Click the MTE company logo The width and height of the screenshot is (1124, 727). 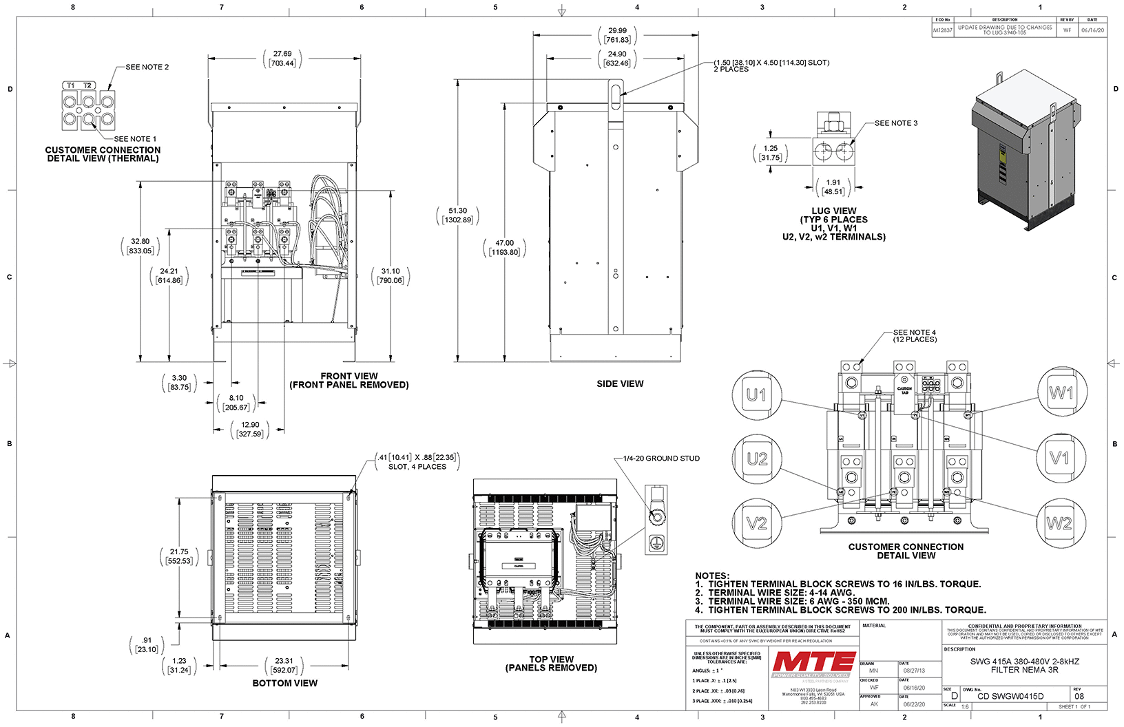click(x=813, y=662)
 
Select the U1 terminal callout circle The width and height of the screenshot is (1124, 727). click(x=756, y=395)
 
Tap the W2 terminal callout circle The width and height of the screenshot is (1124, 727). click(x=1059, y=524)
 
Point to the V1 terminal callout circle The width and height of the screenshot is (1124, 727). click(x=1059, y=458)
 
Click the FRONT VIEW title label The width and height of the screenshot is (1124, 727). click(x=349, y=376)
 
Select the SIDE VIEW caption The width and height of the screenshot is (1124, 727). click(x=620, y=384)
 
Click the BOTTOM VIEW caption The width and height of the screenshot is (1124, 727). click(x=284, y=684)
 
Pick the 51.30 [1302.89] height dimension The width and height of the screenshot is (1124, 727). click(x=458, y=215)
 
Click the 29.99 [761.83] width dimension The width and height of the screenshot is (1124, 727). click(x=618, y=35)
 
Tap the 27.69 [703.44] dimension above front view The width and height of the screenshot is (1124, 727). click(x=282, y=59)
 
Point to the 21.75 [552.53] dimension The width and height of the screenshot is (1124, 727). click(x=179, y=556)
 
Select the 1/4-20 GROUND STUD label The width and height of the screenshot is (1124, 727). click(x=661, y=459)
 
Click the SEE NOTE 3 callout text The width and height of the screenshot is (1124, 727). click(x=896, y=123)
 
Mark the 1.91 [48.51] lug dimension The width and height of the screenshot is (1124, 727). click(x=833, y=187)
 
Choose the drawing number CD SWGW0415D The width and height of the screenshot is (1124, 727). click(x=1010, y=696)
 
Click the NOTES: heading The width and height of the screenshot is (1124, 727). click(x=712, y=576)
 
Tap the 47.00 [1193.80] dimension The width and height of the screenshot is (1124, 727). click(x=505, y=248)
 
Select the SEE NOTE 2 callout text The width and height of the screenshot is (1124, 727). click(x=147, y=67)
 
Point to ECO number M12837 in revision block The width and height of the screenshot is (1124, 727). click(x=942, y=30)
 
